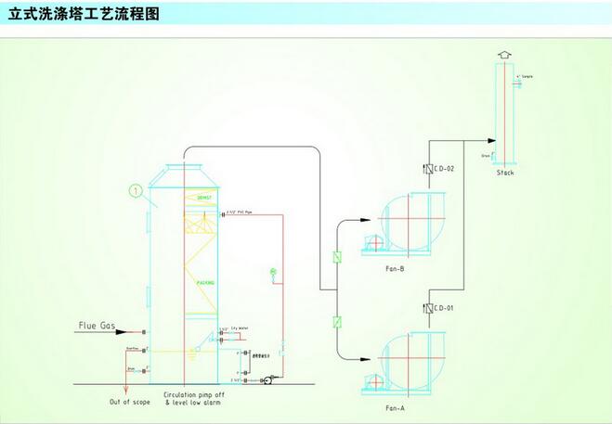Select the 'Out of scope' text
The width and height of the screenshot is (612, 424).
pyautogui.click(x=129, y=401)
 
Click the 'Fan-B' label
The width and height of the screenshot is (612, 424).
pyautogui.click(x=394, y=269)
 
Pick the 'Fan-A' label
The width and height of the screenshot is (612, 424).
pyautogui.click(x=394, y=408)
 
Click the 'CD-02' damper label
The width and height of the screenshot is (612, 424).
pyautogui.click(x=444, y=168)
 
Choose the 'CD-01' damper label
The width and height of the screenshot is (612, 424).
pyautogui.click(x=444, y=307)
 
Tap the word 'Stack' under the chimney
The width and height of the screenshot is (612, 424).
pyautogui.click(x=505, y=173)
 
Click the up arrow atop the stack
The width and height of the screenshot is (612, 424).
pyautogui.click(x=505, y=55)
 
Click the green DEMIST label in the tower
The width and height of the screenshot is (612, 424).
pyautogui.click(x=204, y=199)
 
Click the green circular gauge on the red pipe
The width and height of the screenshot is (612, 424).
pyautogui.click(x=273, y=271)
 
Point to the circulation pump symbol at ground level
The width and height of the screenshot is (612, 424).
pyautogui.click(x=267, y=380)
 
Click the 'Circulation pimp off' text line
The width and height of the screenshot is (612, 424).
pyautogui.click(x=193, y=394)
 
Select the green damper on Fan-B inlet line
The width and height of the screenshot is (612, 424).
pyautogui.click(x=336, y=257)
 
